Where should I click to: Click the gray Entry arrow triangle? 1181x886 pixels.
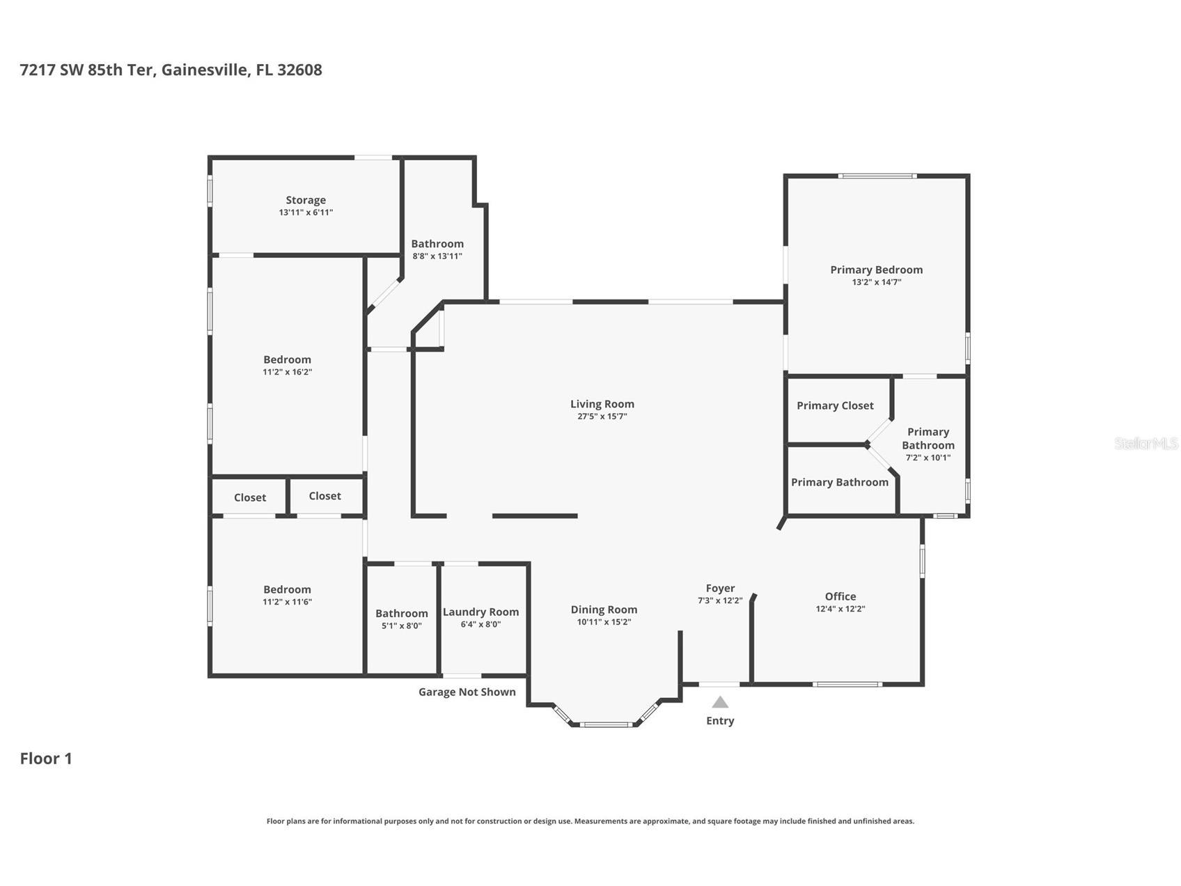click(720, 702)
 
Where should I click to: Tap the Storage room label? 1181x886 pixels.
click(306, 200)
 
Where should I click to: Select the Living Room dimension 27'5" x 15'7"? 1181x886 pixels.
click(602, 417)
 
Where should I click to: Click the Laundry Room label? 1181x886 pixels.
click(480, 612)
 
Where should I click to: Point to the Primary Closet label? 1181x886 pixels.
click(835, 405)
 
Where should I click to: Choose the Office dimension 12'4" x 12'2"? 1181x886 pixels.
click(840, 609)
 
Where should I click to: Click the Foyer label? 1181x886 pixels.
click(720, 588)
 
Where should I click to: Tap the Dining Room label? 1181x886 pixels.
click(604, 609)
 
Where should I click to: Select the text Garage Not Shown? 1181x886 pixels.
click(467, 692)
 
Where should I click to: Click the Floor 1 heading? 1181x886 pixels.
click(46, 759)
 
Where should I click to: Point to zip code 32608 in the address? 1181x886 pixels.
click(299, 70)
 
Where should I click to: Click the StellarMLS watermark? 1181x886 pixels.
click(1145, 443)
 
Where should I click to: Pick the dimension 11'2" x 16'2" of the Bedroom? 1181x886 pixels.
click(287, 372)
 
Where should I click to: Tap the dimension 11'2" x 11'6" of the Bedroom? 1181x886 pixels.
click(287, 602)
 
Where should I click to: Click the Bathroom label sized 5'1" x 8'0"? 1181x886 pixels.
click(401, 614)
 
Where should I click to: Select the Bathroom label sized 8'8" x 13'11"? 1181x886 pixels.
click(437, 244)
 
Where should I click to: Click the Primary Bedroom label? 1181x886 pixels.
click(876, 270)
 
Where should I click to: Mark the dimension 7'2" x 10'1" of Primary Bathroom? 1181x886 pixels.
click(928, 458)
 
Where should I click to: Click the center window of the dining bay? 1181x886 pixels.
click(607, 724)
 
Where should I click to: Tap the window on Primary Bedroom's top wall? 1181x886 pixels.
click(877, 176)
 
